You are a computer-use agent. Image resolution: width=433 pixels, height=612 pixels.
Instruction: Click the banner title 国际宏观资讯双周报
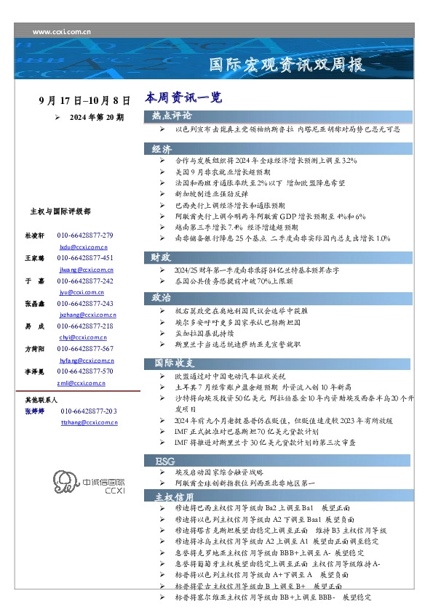287,64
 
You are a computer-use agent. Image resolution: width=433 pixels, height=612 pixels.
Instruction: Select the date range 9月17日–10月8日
84,100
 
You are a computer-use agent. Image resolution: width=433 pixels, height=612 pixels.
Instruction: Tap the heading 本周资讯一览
172,97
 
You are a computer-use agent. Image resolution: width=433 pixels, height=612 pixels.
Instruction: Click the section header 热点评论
172,116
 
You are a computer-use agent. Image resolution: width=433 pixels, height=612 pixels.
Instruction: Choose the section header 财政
161,257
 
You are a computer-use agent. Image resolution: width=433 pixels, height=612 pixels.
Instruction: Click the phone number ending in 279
84,236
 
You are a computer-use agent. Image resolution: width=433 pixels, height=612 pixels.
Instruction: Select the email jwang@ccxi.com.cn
85,270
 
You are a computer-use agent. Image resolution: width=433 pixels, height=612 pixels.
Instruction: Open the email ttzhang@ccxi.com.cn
89,422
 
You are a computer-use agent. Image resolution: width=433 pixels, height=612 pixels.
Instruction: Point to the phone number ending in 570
84,371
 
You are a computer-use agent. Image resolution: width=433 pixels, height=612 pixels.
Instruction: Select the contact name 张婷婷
35,411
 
